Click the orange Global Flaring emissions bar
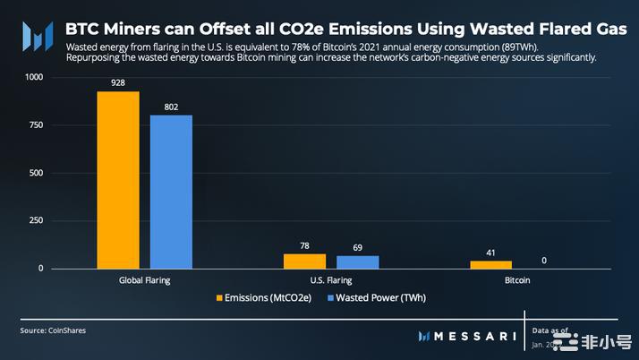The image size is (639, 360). point(118,180)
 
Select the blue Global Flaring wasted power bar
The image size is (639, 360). point(171,192)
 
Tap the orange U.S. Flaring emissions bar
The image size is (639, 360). point(304,261)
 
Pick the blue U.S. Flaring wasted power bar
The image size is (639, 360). point(357,261)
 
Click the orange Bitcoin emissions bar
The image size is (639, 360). point(490,264)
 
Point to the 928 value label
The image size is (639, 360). point(118,83)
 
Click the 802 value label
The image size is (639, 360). point(171,107)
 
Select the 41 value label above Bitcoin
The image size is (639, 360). point(490,253)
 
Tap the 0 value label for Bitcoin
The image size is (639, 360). point(543,260)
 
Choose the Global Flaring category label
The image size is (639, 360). point(144,280)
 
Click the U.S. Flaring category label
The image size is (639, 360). point(330,280)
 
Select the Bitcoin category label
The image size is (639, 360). point(516,280)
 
